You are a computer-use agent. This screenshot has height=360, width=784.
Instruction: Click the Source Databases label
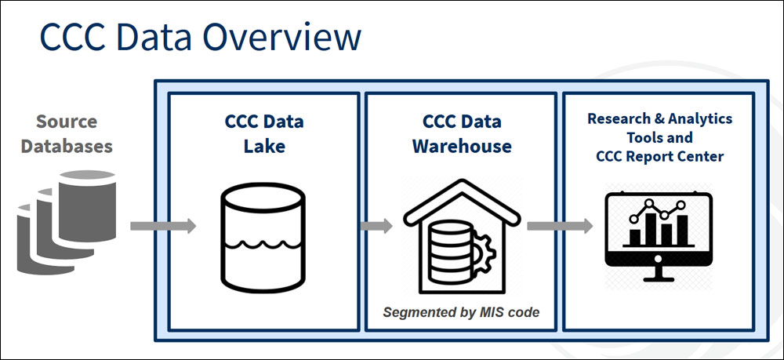click(66, 134)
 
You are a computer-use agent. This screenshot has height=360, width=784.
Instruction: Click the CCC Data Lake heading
click(263, 134)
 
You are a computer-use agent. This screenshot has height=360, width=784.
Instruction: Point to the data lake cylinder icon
click(263, 235)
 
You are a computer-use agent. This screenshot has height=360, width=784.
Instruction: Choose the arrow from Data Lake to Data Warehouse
click(376, 226)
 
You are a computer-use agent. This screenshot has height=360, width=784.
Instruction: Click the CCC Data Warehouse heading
click(462, 134)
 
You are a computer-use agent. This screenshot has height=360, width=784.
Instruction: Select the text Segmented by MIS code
click(462, 312)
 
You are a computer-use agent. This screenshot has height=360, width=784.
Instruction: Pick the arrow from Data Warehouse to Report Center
click(559, 226)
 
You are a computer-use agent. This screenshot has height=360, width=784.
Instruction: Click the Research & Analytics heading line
click(659, 119)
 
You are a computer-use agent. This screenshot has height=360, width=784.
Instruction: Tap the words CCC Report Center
click(659, 156)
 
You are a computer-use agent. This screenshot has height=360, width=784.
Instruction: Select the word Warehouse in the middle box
click(462, 146)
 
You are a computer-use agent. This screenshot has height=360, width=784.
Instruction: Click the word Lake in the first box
click(263, 146)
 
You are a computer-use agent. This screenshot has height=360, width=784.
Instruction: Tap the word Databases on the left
click(66, 146)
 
